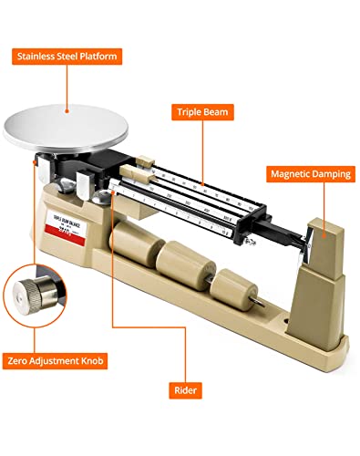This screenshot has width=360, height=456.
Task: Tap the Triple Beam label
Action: (x=203, y=113)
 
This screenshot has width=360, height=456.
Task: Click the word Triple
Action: (x=191, y=113)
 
